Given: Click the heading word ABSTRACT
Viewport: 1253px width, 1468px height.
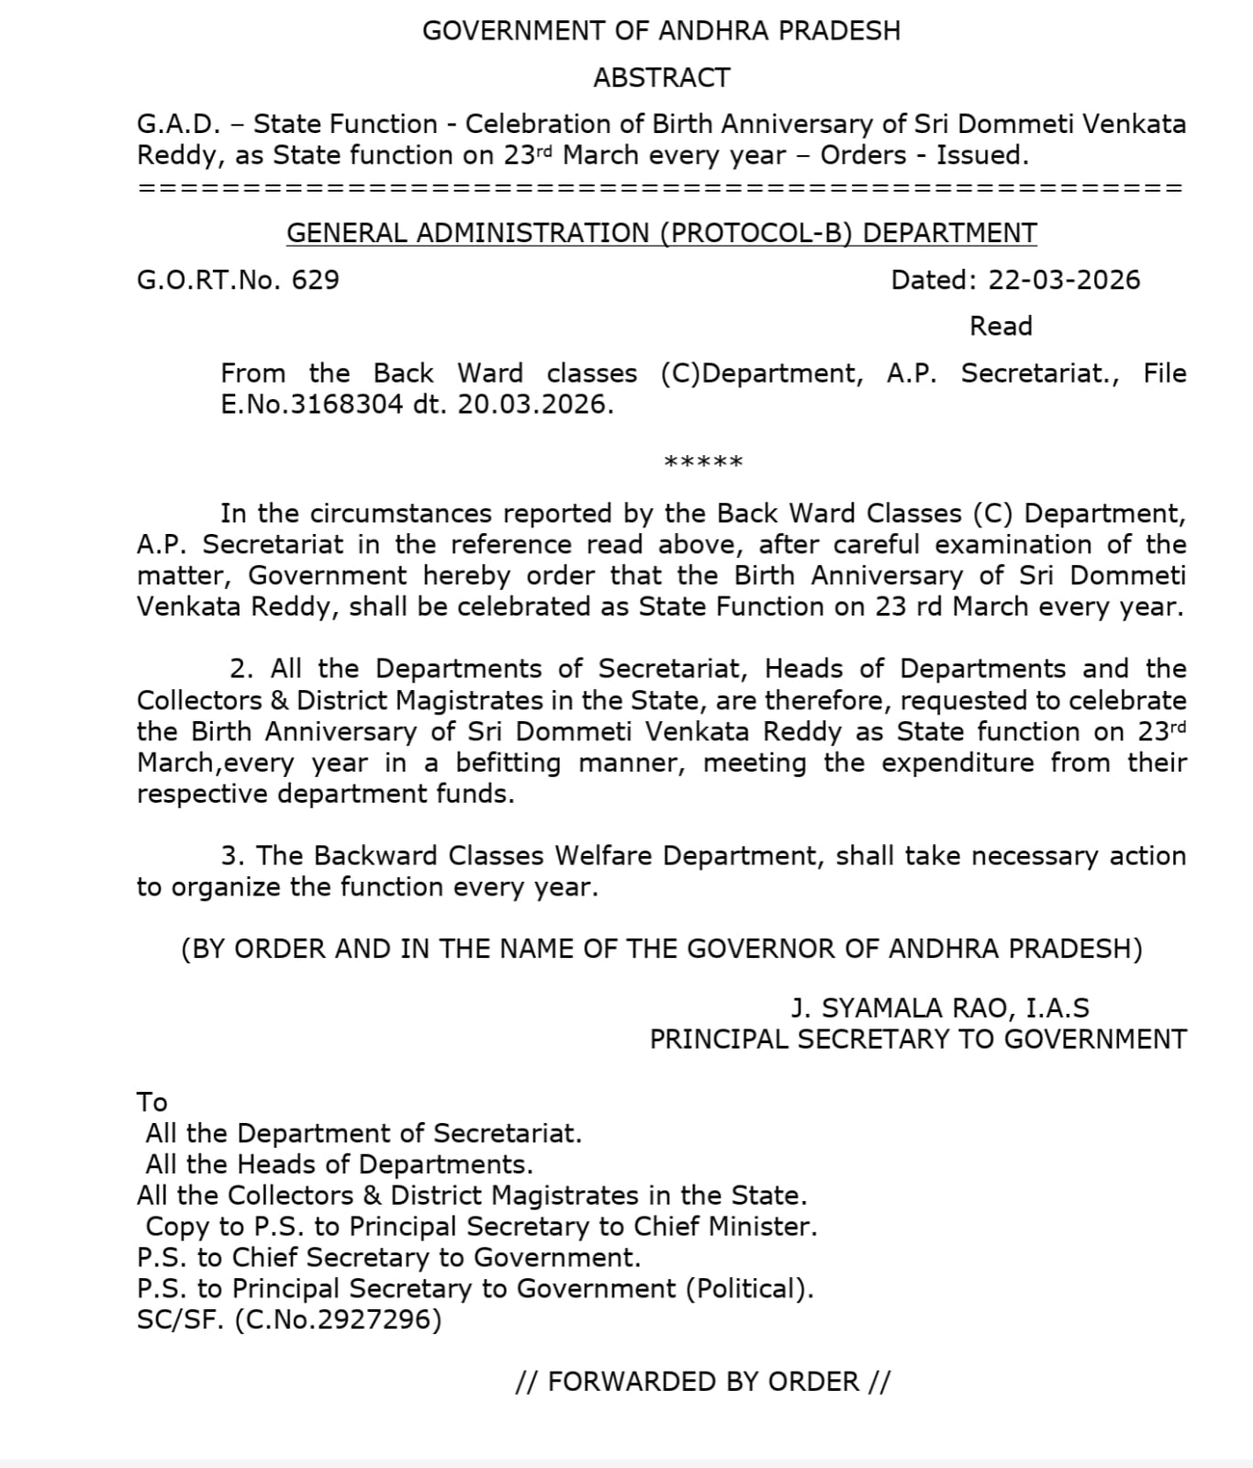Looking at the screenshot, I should [661, 78].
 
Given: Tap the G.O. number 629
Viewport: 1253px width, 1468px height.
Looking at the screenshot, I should [316, 280].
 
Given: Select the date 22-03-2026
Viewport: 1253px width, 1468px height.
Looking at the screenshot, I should [1064, 280].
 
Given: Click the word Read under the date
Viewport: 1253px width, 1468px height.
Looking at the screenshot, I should [1001, 327].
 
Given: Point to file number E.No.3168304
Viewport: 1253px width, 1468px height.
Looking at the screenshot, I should [311, 405].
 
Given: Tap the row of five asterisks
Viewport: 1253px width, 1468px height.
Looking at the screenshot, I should [703, 462].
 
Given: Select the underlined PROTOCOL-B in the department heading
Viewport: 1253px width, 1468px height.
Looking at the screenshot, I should [758, 233].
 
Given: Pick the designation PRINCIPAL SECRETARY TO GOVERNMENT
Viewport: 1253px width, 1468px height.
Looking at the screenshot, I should [918, 1040].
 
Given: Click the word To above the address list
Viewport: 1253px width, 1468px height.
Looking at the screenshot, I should [152, 1102].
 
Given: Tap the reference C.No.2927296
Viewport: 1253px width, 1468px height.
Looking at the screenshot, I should [338, 1320].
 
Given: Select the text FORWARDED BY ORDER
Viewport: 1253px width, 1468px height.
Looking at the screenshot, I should [703, 1382].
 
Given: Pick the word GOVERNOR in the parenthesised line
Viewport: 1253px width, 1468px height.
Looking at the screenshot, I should [761, 949].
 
